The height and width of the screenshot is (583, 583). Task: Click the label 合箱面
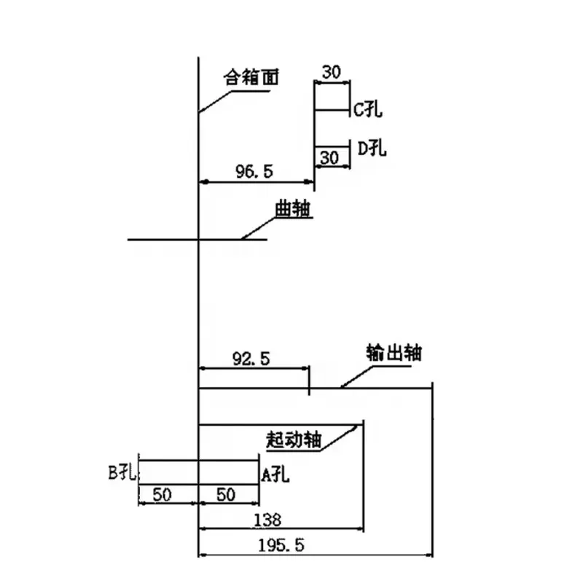(251, 77)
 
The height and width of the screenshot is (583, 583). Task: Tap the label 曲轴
(293, 209)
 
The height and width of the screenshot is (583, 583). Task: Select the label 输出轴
(394, 353)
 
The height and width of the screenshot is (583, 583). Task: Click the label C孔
(368, 111)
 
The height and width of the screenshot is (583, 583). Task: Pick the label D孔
(372, 149)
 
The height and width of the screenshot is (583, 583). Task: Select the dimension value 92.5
(251, 358)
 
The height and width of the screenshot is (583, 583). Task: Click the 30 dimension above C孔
(332, 72)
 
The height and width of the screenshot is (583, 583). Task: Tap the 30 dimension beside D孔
(330, 157)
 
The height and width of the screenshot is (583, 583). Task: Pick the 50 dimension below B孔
(162, 495)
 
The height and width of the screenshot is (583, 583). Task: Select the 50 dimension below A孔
(226, 495)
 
